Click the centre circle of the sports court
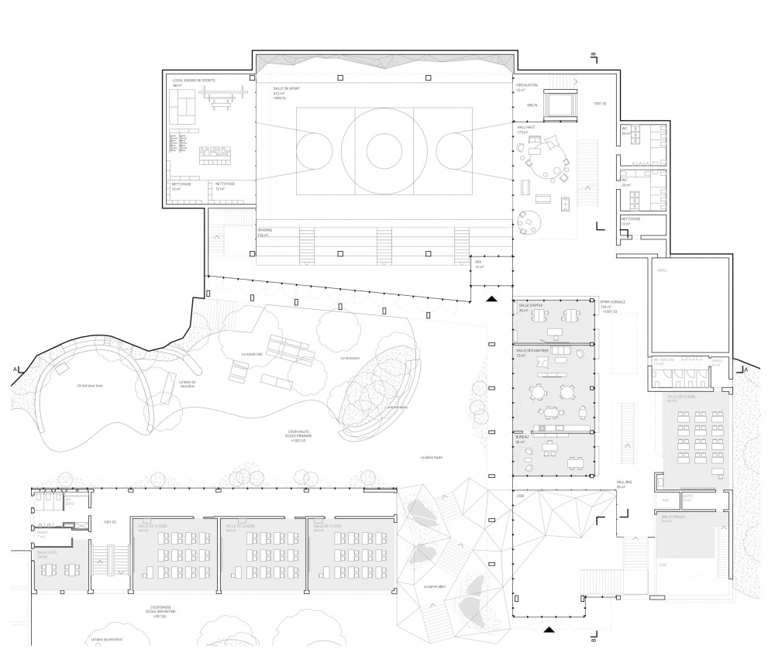click(x=381, y=146)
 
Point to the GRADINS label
click(x=265, y=231)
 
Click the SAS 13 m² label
click(x=478, y=264)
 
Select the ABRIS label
click(x=662, y=270)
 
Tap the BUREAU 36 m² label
click(x=522, y=438)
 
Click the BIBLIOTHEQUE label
click(x=671, y=514)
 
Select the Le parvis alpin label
click(x=435, y=586)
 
